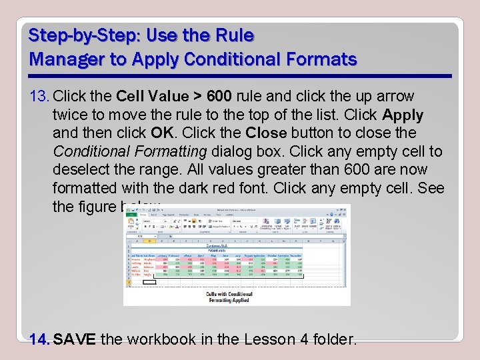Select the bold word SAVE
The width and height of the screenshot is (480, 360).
(x=75, y=340)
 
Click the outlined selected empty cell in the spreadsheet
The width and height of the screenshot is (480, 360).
(x=149, y=282)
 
